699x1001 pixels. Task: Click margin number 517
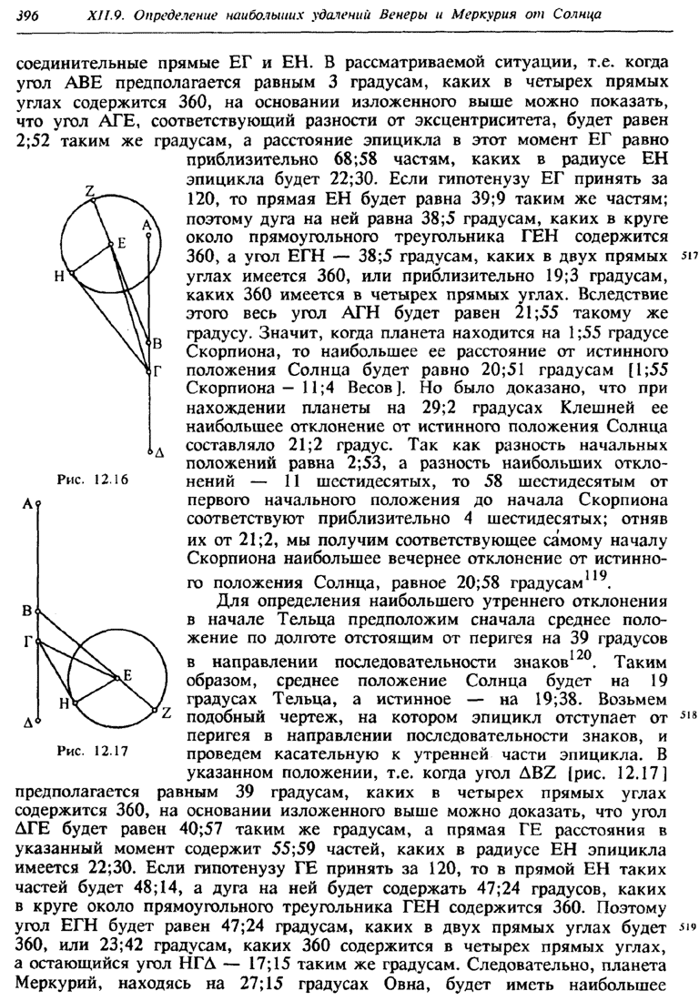pos(688,258)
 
